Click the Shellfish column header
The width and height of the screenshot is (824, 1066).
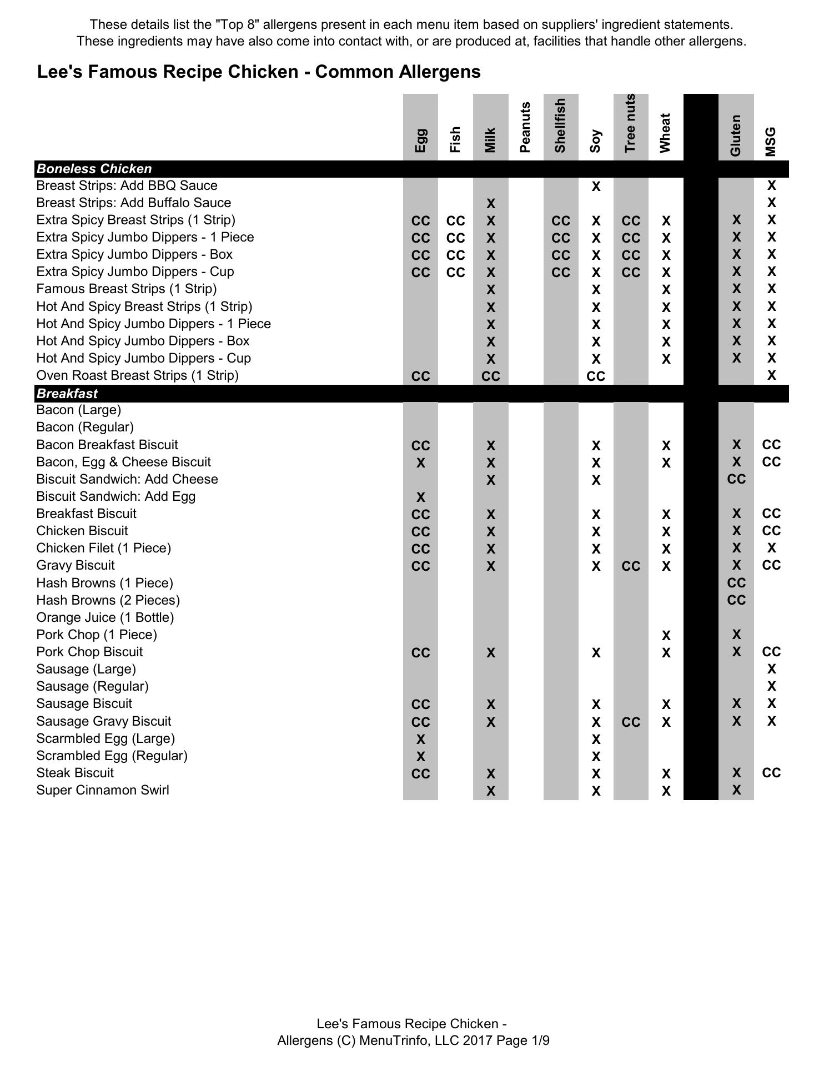560,125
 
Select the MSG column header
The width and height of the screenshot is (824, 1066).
771,142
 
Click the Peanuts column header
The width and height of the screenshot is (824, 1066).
525,127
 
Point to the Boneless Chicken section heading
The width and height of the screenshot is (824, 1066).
94,169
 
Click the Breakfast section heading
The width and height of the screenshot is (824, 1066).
67,394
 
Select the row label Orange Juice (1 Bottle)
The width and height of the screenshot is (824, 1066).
105,617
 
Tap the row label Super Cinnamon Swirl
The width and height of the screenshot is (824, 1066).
103,790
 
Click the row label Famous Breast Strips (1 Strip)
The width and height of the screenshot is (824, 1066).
127,289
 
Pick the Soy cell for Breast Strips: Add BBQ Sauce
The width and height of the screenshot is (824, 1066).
596,187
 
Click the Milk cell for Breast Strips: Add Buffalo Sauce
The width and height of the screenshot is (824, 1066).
490,204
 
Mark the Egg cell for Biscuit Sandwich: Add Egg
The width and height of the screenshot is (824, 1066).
420,497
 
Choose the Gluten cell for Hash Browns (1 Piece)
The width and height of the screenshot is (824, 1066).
736,583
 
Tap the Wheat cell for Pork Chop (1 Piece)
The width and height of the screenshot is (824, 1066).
666,635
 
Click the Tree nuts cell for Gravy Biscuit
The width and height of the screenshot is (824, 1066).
631,566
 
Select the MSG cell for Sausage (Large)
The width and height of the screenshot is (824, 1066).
771,669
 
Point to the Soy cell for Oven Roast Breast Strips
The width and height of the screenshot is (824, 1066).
596,376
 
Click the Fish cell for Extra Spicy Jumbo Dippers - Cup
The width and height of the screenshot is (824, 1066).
455,273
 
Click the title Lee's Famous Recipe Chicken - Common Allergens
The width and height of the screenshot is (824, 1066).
259,72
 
